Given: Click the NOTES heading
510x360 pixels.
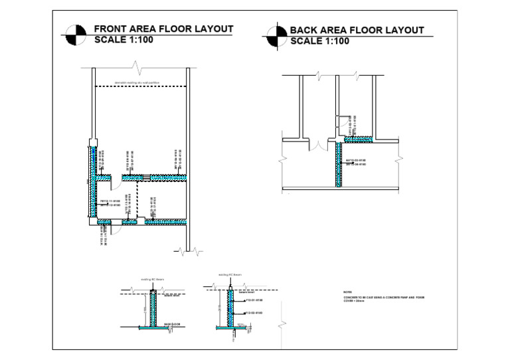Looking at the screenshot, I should pos(347,292).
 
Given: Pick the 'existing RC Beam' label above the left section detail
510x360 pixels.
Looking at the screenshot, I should pos(152,280).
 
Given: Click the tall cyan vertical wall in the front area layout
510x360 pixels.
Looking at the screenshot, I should pos(92,179).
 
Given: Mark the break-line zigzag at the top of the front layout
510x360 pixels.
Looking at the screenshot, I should pos(138,68).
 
